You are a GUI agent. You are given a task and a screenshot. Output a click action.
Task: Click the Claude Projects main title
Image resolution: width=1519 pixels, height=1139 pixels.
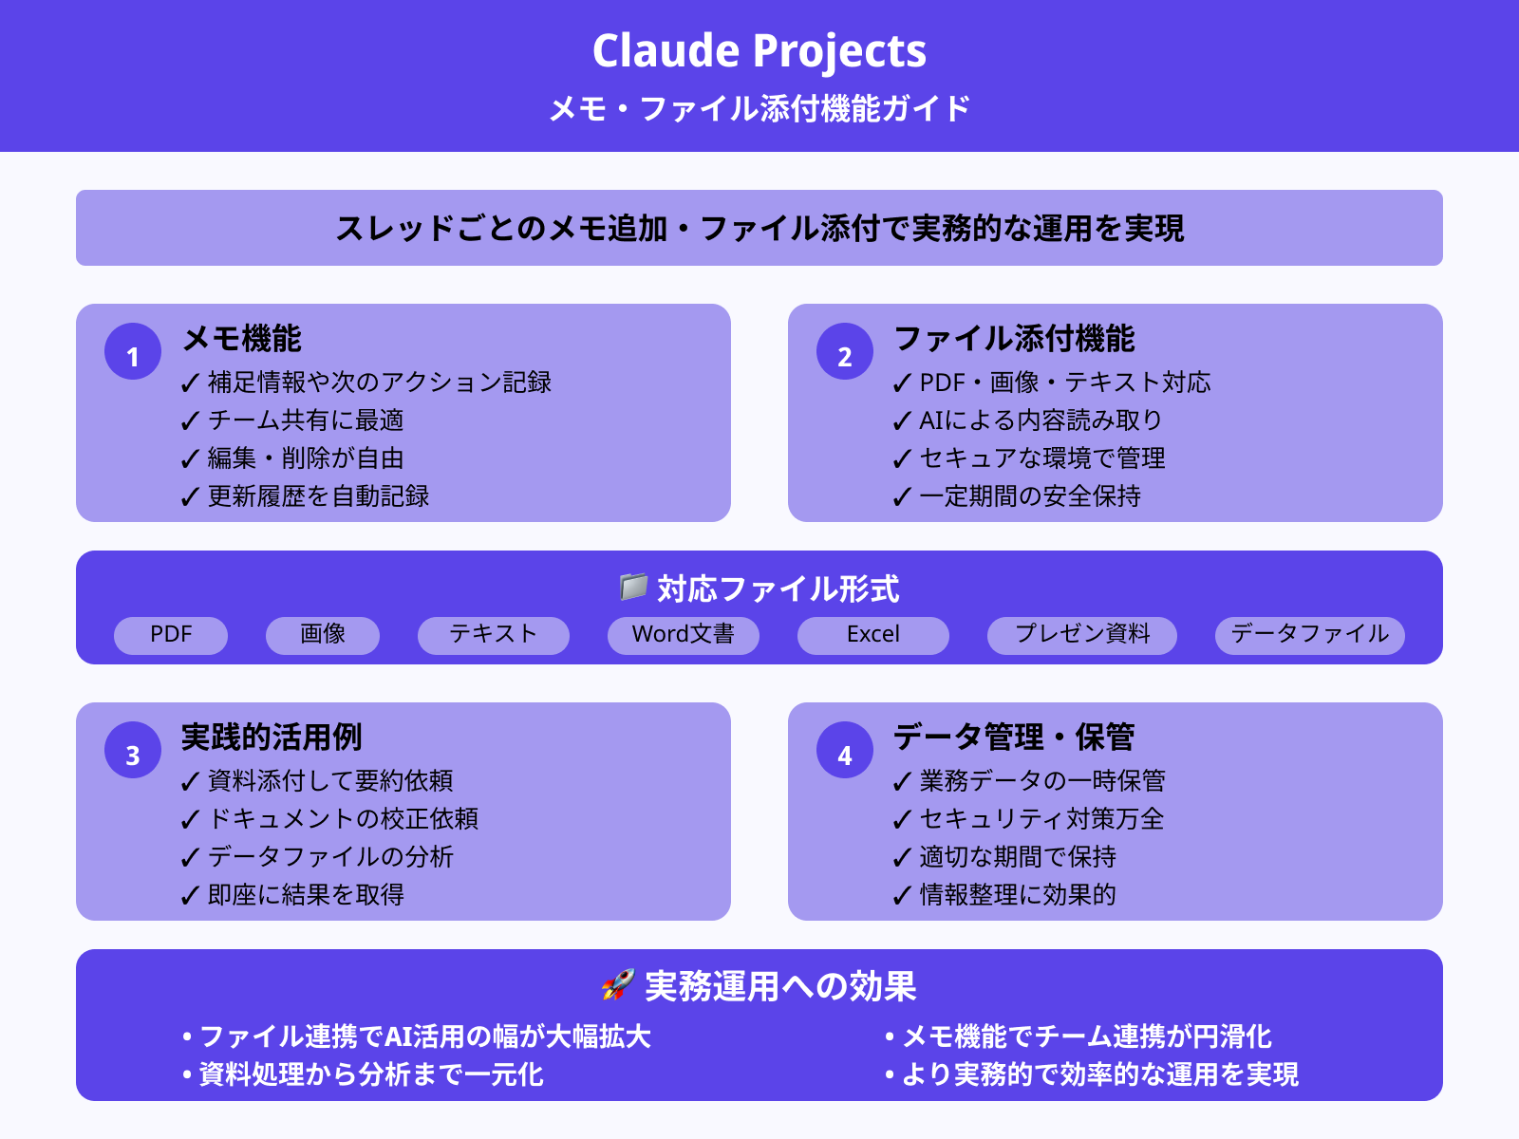pos(759,51)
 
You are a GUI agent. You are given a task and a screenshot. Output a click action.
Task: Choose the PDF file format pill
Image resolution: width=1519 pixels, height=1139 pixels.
pos(171,635)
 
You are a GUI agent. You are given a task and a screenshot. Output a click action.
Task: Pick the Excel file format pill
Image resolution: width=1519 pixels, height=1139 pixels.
pos(873,635)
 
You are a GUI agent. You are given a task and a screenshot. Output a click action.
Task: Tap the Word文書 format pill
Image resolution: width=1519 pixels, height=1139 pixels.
pos(684,635)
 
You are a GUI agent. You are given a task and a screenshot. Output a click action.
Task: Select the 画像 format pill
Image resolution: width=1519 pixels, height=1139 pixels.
pos(323,635)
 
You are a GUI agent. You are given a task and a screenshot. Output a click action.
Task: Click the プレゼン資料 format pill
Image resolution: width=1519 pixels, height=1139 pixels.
pos(1082,635)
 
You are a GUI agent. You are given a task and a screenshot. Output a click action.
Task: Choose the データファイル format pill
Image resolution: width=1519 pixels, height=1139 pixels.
pos(1310,635)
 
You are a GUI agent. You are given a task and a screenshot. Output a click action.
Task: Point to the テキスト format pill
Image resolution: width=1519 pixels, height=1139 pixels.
pos(494,635)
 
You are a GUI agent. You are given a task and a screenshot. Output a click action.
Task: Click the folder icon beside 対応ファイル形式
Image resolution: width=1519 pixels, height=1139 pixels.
pos(633,587)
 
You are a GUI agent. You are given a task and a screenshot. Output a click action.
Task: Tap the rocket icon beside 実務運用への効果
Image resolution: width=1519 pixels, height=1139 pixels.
pos(617,985)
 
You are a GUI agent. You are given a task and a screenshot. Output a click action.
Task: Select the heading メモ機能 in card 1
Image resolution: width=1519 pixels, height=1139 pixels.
pos(242,339)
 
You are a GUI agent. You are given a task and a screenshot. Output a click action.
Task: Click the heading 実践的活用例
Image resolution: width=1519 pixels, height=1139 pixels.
pos(272,738)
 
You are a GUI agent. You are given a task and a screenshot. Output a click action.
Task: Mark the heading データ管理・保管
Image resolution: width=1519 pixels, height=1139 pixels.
pos(1014,738)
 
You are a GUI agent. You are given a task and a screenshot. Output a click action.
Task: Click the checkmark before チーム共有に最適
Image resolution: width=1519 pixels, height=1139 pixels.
pos(190,421)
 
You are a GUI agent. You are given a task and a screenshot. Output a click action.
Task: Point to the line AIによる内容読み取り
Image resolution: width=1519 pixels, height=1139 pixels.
pos(1041,420)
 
